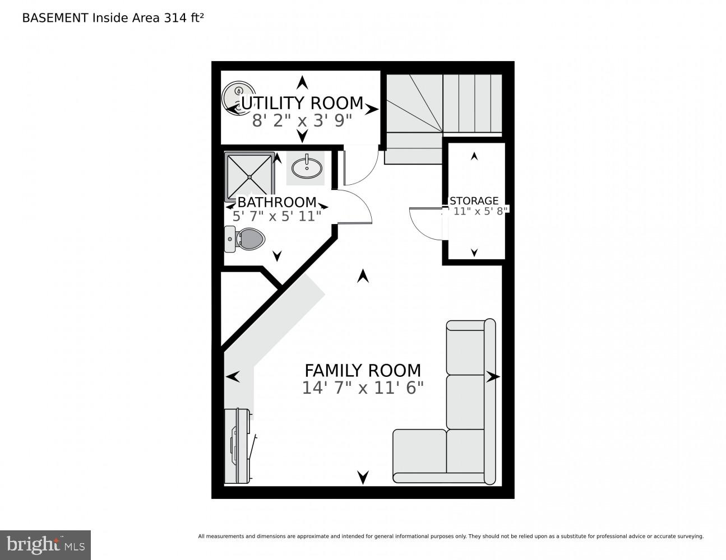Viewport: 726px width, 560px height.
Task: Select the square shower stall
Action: point(249,176)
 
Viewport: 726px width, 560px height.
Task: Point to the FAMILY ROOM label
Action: point(362,370)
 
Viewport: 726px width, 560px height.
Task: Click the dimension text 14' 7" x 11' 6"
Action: point(362,388)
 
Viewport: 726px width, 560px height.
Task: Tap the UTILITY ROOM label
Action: point(302,103)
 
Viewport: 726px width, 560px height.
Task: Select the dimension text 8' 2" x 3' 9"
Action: point(302,120)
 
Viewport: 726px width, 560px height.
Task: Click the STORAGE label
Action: point(474,200)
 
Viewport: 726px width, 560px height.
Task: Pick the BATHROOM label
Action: point(277,202)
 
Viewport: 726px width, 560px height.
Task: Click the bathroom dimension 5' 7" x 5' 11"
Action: point(277,216)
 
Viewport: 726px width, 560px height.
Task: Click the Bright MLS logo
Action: point(45,544)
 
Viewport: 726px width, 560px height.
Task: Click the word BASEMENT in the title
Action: point(55,17)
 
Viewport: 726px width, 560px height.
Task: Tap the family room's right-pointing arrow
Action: point(493,377)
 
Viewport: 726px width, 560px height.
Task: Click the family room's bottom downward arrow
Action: point(363,477)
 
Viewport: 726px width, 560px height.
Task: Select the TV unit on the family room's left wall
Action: point(238,446)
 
